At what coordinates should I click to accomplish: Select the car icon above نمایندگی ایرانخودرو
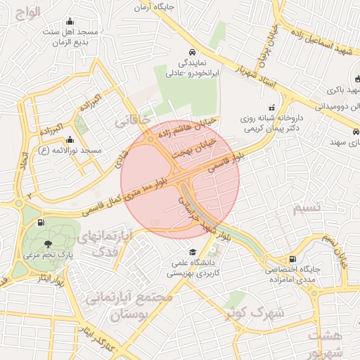click(192, 52)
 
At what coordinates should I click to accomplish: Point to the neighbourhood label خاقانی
click(132, 120)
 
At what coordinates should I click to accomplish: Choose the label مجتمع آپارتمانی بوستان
click(129, 305)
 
